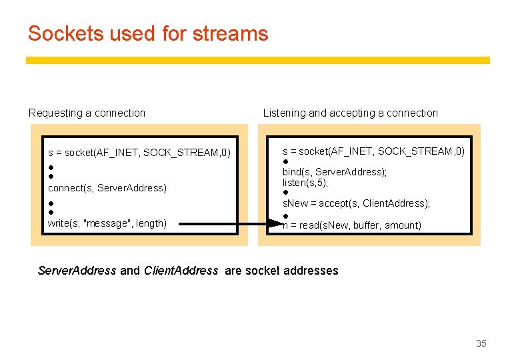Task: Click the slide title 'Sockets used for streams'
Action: coord(148,33)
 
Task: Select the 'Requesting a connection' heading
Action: coord(87,113)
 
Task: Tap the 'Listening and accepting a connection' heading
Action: coord(350,113)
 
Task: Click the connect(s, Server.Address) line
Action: coord(107,188)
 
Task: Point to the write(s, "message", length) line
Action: coord(107,223)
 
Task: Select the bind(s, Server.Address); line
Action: coord(335,172)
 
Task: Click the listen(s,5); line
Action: coord(305,182)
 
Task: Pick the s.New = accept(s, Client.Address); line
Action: coord(356,203)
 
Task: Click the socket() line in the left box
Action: coord(139,153)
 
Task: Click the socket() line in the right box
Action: coord(373,151)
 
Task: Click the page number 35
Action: coord(481,343)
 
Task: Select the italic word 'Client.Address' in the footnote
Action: coord(181,271)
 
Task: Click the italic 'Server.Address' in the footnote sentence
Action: coord(77,271)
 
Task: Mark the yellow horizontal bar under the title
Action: coord(257,60)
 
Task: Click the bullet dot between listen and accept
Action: coord(285,193)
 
